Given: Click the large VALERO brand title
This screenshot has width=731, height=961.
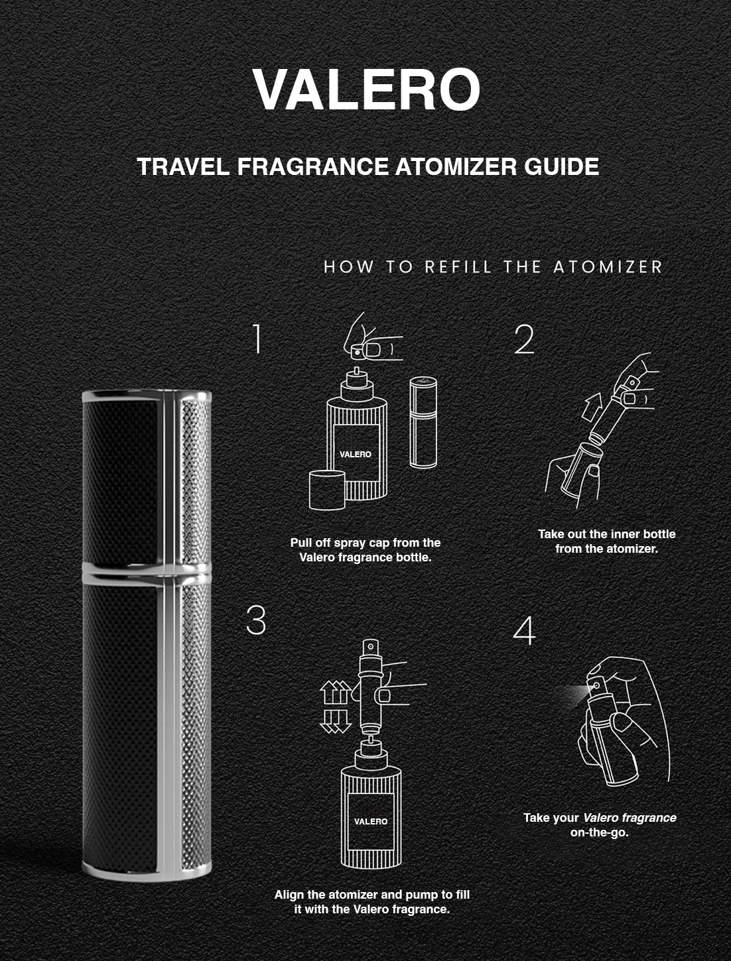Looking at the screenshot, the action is [x=366, y=89].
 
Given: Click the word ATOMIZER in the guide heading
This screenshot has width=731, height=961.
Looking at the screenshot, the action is [x=456, y=166].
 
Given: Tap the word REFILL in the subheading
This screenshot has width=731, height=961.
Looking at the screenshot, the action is [x=458, y=266].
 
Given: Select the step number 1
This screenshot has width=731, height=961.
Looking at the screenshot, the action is [x=257, y=339].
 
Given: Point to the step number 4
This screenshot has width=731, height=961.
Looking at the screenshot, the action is [x=524, y=630].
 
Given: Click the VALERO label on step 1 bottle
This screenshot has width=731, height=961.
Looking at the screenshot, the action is [x=355, y=455].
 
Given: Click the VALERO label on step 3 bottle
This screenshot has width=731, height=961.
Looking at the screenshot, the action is [x=371, y=822].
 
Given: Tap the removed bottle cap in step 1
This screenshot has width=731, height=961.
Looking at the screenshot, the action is [x=327, y=490].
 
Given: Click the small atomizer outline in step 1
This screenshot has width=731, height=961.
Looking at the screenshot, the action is [x=423, y=422].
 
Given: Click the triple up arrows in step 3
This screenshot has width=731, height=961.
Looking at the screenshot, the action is [x=336, y=692].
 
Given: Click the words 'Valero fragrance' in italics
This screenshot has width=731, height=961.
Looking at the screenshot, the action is [x=630, y=817].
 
